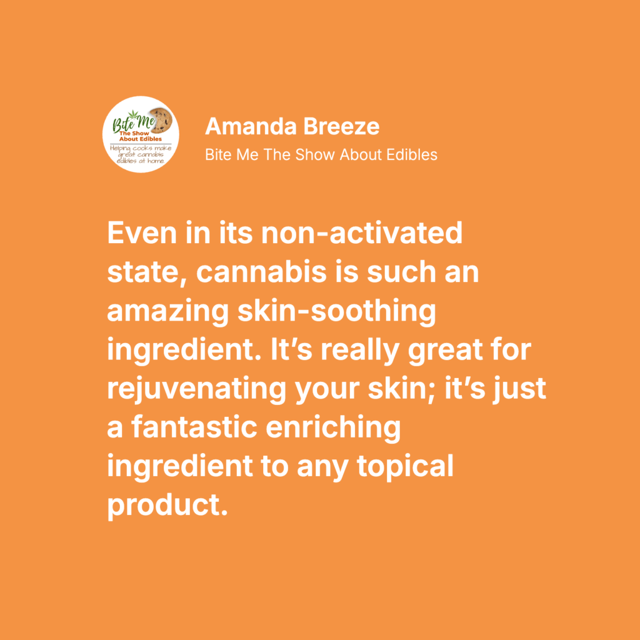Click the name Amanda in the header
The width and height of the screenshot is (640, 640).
(251, 126)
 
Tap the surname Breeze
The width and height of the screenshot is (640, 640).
(341, 126)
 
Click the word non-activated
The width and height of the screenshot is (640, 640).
(362, 233)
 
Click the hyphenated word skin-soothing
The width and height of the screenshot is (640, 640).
(337, 311)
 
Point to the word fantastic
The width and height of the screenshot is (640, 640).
(194, 428)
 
